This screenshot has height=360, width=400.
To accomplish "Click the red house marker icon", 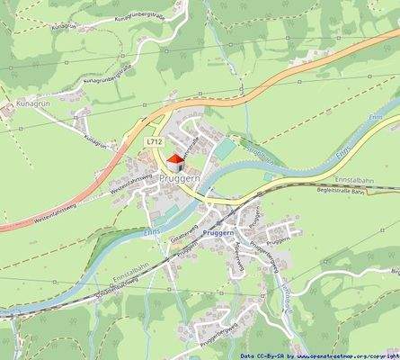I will coord(174,162).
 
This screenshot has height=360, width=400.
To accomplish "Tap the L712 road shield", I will coord(155,141).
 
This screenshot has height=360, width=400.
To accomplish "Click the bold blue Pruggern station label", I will coord(218,232).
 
